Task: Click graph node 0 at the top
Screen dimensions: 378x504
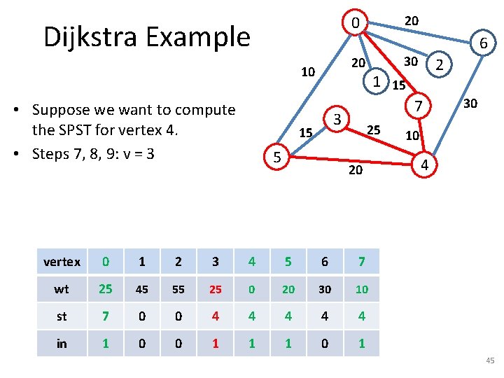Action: pyautogui.click(x=356, y=24)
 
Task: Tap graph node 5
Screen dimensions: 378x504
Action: pyautogui.click(x=277, y=158)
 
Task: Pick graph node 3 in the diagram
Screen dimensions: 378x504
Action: pyautogui.click(x=337, y=119)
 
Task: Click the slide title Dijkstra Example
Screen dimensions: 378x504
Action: pyautogui.click(x=146, y=36)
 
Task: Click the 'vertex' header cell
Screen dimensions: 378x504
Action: pyautogui.click(x=62, y=262)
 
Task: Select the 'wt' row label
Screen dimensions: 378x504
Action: pyautogui.click(x=62, y=289)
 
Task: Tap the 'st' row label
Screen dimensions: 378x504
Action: pyautogui.click(x=62, y=316)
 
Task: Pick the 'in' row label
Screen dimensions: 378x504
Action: pyautogui.click(x=62, y=343)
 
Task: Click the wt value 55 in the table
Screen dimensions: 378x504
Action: pyautogui.click(x=178, y=289)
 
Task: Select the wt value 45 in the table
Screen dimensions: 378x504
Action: pyautogui.click(x=142, y=289)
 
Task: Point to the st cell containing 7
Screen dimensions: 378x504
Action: pyautogui.click(x=106, y=316)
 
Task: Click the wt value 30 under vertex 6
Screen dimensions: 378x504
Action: pyautogui.click(x=325, y=289)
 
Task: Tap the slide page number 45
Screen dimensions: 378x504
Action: pyautogui.click(x=489, y=360)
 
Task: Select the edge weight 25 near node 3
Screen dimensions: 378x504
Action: pyautogui.click(x=374, y=129)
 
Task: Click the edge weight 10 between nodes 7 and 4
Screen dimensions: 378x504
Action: pyautogui.click(x=412, y=135)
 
